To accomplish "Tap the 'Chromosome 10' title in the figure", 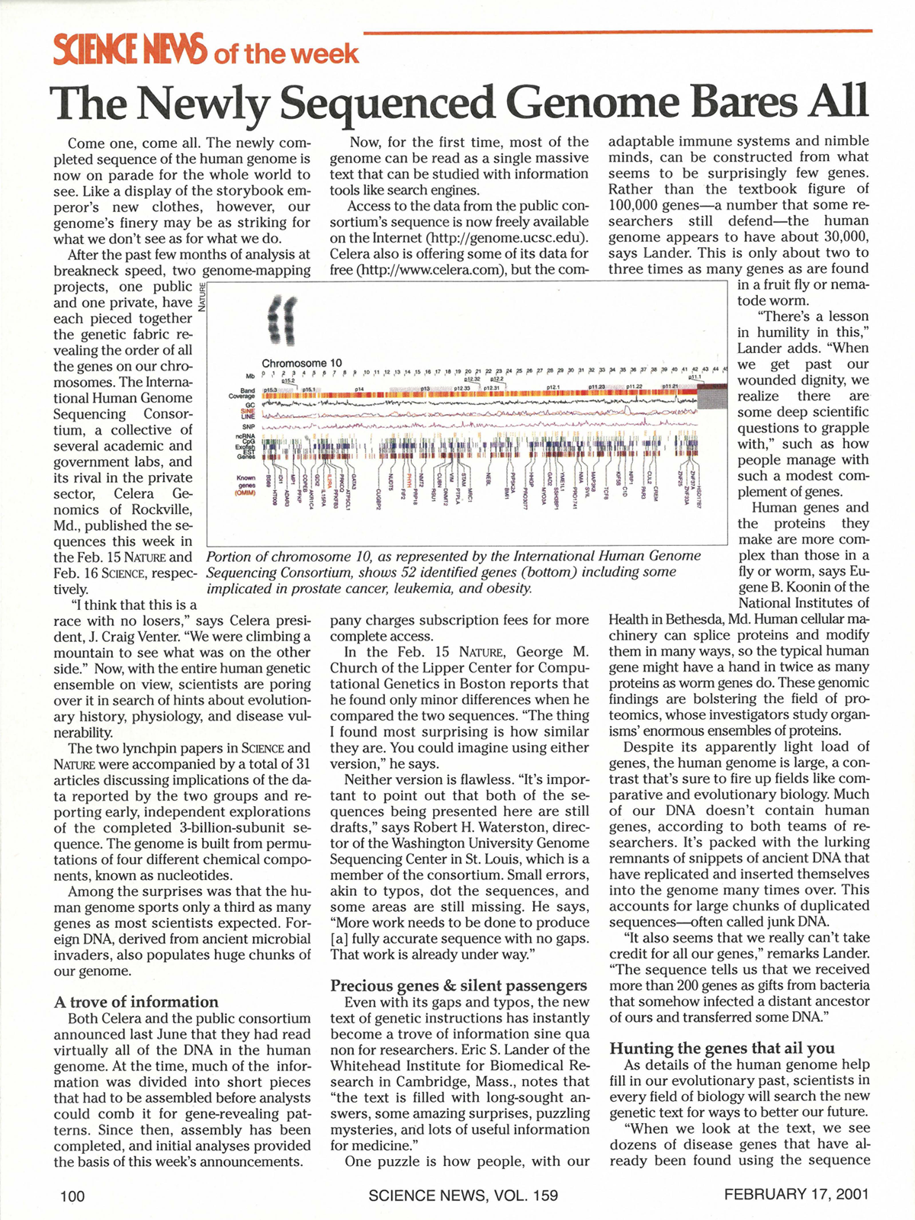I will click(302, 364).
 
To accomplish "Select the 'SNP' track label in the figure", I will click(249, 426).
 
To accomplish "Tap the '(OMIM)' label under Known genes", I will click(245, 493).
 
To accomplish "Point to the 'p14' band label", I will click(358, 390).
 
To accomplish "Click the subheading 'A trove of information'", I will click(136, 1002).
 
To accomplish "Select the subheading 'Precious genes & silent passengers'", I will click(458, 985).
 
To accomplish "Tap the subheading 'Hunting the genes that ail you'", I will click(722, 1048).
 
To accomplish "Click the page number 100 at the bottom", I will click(72, 1196).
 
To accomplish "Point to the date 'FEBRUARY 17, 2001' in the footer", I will click(796, 1194).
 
